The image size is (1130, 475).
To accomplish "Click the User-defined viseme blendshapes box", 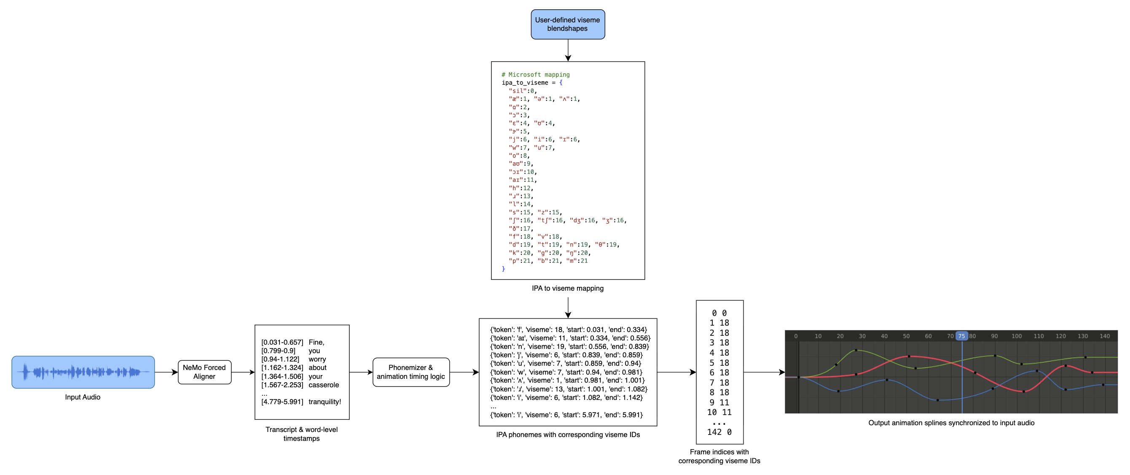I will [x=568, y=24].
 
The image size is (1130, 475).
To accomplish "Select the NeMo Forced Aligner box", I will [x=204, y=372].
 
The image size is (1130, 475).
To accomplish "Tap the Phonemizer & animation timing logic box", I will [x=411, y=372].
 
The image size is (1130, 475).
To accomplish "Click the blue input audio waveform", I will [x=83, y=372].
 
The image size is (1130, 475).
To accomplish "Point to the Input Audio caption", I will [x=83, y=397].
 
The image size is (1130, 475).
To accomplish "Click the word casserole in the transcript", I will [x=324, y=385].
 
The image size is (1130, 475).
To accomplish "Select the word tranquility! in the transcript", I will [x=325, y=402].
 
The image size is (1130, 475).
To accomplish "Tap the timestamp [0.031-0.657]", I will [x=282, y=342].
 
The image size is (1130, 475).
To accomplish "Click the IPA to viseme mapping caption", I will [x=568, y=288].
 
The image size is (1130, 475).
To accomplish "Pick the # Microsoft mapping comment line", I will [x=536, y=75].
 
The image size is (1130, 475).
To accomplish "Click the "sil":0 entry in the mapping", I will [x=523, y=91].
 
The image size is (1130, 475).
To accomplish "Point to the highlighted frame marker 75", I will [x=961, y=336].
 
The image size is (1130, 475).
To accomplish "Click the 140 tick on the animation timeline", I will [x=1105, y=336].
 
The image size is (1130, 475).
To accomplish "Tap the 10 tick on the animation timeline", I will [x=818, y=336].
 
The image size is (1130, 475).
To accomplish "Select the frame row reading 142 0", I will [x=719, y=432].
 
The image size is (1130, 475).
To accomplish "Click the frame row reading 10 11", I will [x=719, y=412].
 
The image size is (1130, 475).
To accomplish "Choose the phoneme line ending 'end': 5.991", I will [x=566, y=415].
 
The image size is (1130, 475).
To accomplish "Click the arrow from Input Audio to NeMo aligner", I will [x=166, y=372].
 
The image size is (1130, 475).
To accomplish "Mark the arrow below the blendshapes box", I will [x=568, y=50].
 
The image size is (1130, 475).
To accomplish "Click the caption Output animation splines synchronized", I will [x=951, y=423].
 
